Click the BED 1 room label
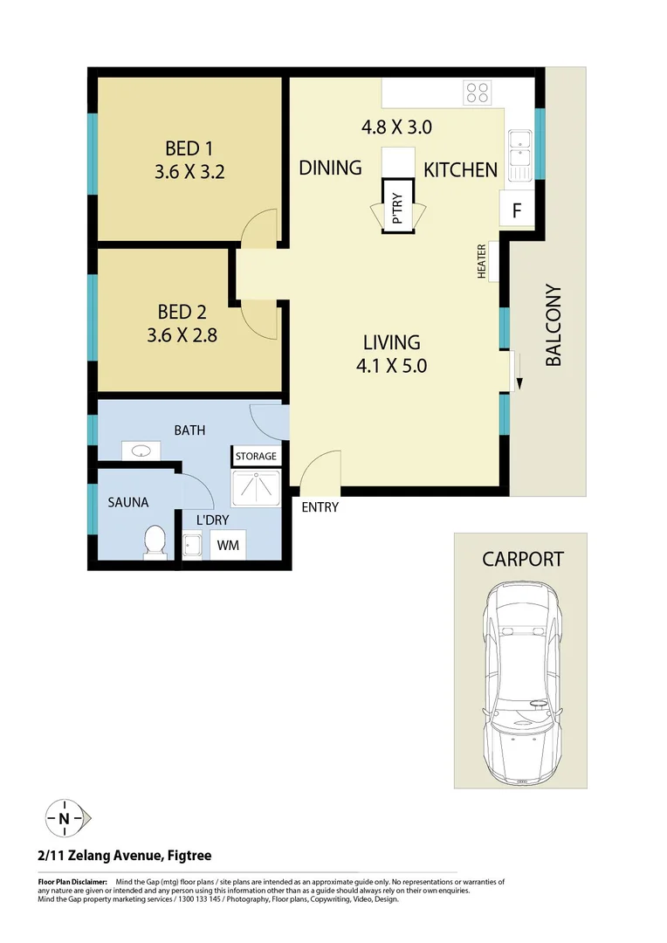pos(189,148)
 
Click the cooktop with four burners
pos(477,92)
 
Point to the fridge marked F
pos(517,210)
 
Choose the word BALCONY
pos(554,325)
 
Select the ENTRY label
pos(320,507)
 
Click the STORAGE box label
pos(255,456)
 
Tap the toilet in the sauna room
pos(155,540)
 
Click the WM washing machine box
pos(228,546)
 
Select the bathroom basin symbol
pos(141,451)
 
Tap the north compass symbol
pos(65,818)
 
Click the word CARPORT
pos(523,559)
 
